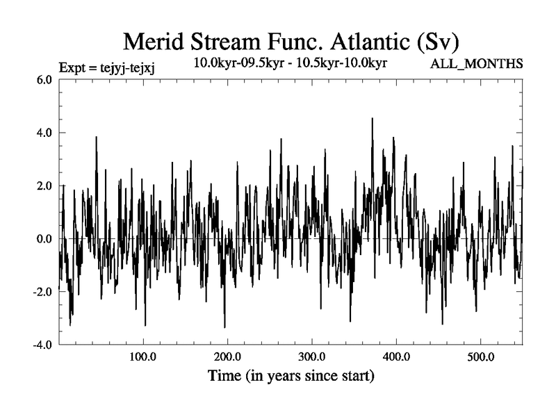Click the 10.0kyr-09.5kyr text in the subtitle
tap(234, 63)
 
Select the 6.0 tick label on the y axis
tap(44, 79)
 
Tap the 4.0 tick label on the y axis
tap(44, 133)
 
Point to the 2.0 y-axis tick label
tap(44, 186)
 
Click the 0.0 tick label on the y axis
tap(44, 238)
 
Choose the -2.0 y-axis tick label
tap(42, 292)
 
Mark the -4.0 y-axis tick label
tap(42, 345)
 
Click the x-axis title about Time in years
tap(291, 377)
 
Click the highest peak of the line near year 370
tap(373, 119)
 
